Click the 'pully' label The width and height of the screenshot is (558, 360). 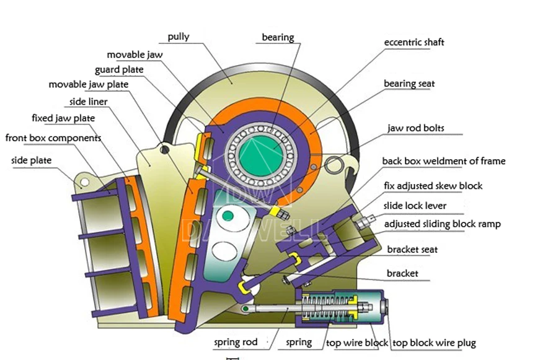179,37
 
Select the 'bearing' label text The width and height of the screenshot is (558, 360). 278,38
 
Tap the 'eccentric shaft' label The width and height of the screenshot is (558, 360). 414,43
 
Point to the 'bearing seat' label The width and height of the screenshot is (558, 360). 409,84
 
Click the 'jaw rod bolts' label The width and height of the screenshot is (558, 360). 416,129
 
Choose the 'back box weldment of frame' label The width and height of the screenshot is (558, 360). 443,161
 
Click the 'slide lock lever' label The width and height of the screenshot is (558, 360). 415,206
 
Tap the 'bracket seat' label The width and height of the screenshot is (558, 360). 412,250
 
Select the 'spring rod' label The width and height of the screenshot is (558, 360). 236,342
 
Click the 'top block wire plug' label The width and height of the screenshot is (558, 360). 435,343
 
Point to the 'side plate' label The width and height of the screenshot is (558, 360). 31,160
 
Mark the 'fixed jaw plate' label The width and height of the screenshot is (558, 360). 63,118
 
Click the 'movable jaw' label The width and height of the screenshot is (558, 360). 135,55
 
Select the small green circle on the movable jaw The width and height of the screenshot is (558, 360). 228,216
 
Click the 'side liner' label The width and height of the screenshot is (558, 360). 88,102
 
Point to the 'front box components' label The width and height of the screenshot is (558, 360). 53,138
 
